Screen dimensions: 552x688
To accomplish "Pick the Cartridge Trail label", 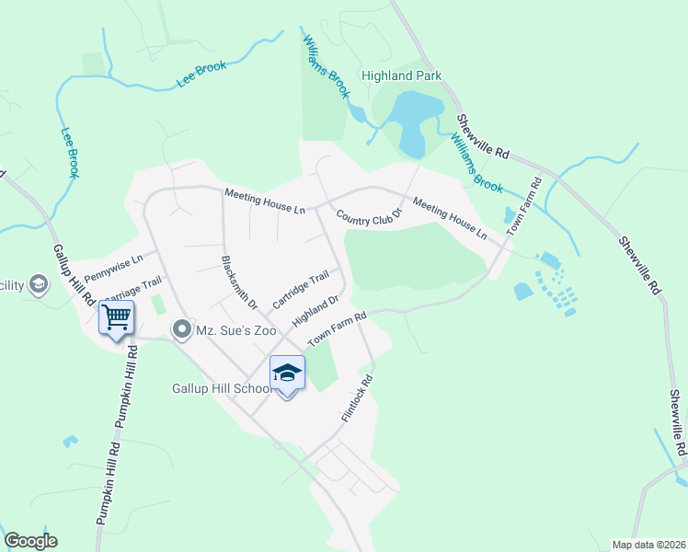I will (x=301, y=290).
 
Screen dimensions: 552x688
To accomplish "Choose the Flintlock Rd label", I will (x=357, y=398).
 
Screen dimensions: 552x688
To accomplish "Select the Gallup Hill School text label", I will (x=221, y=388).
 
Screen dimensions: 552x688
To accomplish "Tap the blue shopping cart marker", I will (x=117, y=318).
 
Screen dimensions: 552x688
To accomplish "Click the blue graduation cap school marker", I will (x=287, y=374).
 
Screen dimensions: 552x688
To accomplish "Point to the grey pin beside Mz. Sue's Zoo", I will (x=182, y=328).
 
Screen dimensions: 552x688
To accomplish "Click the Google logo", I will (x=30, y=541).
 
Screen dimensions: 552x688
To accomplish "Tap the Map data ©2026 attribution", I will (x=648, y=545).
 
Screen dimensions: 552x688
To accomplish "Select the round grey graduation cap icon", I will (x=39, y=284).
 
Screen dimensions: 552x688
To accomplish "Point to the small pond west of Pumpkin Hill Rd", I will (x=69, y=441).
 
